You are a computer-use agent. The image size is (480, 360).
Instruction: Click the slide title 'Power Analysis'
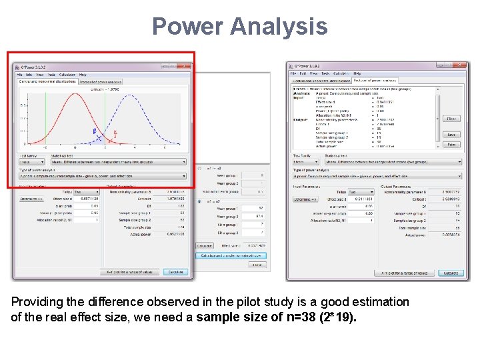(x=240, y=26)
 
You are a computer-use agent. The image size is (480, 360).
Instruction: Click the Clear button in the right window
(x=452, y=119)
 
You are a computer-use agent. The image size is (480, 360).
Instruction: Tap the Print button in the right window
(x=452, y=144)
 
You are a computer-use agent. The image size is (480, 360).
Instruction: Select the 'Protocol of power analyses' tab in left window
(x=100, y=82)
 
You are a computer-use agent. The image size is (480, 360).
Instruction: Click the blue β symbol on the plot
(x=94, y=131)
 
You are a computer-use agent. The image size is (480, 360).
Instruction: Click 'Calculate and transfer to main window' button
(x=231, y=255)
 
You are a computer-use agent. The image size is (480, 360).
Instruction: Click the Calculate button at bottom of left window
(x=175, y=272)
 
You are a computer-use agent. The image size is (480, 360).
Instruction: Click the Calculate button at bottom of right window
(x=451, y=273)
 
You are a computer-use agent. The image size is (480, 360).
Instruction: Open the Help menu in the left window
(x=83, y=75)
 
